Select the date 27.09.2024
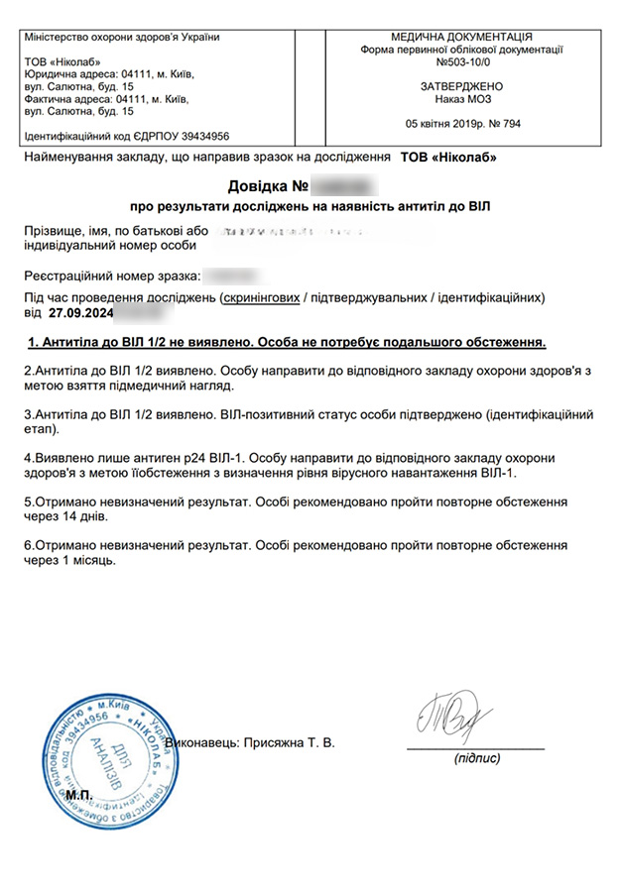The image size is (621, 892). (x=81, y=313)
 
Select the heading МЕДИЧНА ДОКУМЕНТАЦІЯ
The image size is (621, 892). (x=462, y=35)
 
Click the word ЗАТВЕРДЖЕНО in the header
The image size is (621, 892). (x=462, y=86)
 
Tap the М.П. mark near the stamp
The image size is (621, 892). (x=79, y=794)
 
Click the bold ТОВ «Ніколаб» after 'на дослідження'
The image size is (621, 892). (x=448, y=158)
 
